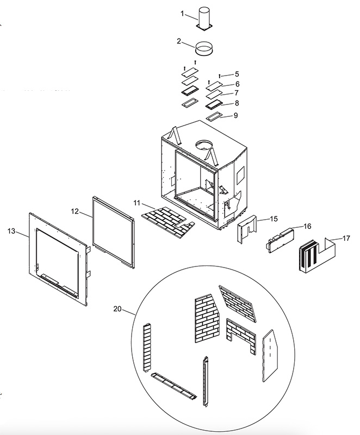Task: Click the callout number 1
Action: tap(182, 13)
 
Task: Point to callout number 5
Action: tap(237, 74)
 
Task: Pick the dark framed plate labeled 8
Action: tap(214, 105)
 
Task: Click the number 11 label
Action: tap(136, 203)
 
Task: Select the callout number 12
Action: tap(75, 212)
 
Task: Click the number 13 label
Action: tap(11, 231)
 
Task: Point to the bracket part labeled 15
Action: tap(246, 229)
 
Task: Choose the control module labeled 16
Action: tap(280, 240)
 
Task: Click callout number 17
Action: tap(346, 238)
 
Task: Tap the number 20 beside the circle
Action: tap(117, 308)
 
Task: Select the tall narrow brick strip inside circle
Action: tap(147, 347)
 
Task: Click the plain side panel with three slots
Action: tap(270, 356)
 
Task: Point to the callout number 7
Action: tap(237, 93)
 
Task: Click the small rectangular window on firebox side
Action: tap(240, 176)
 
